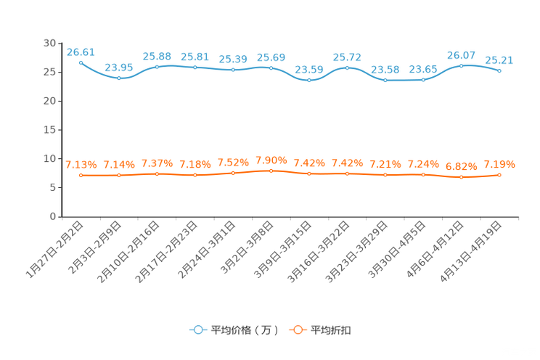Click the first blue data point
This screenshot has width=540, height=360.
tap(81, 62)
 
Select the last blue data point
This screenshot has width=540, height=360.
tap(500, 71)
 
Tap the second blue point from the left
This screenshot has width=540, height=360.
tap(119, 77)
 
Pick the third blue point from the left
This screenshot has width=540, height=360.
tap(157, 67)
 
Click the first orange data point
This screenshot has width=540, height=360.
tap(81, 175)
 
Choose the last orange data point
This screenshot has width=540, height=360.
tap(500, 174)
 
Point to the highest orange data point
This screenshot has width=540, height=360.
tap(271, 171)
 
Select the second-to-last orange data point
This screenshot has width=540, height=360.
tap(462, 176)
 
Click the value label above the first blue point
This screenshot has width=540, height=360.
tap(81, 52)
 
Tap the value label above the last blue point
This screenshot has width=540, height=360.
tap(499, 60)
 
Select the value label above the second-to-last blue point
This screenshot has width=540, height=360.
tap(462, 54)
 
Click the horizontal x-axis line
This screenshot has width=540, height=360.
tap(290, 216)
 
